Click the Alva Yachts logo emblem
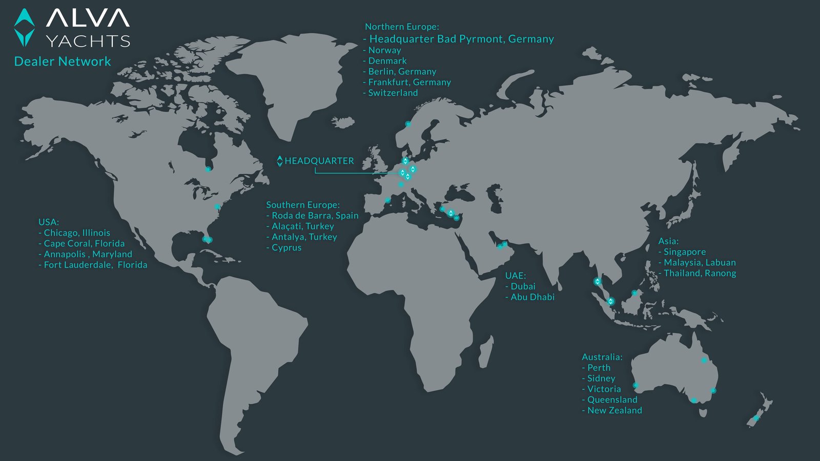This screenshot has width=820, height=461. coord(24,28)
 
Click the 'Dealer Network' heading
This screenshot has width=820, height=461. coord(63,61)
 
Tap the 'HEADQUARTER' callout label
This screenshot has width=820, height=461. coord(319,161)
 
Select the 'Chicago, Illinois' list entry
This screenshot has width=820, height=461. coord(77,233)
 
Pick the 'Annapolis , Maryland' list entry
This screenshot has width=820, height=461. coord(88,254)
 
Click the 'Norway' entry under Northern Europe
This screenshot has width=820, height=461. coord(384,50)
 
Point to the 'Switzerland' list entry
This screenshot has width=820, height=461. coord(393,93)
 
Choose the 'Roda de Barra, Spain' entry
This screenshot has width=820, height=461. coord(315,216)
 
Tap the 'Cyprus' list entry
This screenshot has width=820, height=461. coord(286,247)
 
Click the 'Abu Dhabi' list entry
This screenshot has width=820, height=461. coord(532,297)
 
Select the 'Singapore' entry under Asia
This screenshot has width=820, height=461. coord(685,252)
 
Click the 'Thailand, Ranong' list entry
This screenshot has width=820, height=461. coord(700,274)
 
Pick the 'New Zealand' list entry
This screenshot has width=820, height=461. coord(614,410)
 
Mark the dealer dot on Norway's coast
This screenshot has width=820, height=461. coord(408,124)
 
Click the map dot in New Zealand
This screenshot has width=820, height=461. coord(756,418)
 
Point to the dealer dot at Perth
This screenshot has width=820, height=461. coord(635,385)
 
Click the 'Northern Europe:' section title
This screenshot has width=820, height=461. coord(402,27)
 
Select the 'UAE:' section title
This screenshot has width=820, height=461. coord(516,276)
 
